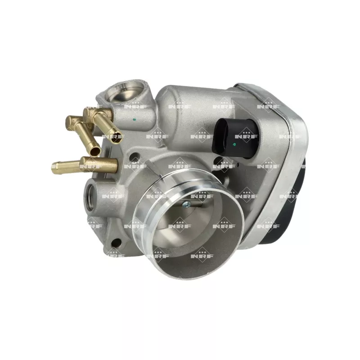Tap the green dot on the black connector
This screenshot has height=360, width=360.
[x=234, y=144]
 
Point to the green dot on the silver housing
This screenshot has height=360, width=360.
[x=134, y=119]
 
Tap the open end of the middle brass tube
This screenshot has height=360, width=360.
[x=95, y=151]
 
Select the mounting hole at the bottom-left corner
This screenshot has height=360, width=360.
[x=116, y=242]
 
